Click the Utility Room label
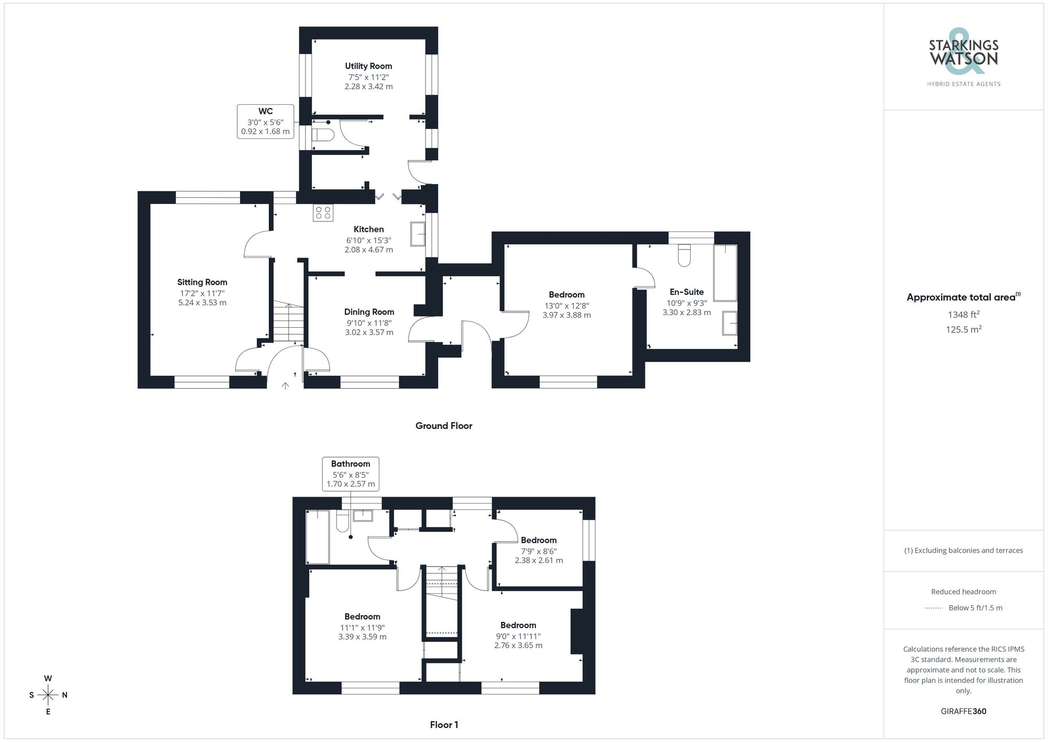click(x=368, y=66)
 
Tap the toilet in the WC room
click(x=323, y=135)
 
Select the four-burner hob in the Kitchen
click(x=323, y=212)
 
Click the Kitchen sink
click(x=418, y=234)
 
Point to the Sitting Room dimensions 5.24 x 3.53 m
click(x=202, y=303)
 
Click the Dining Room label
click(x=369, y=311)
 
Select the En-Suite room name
click(x=686, y=292)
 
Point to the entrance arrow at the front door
click(x=285, y=386)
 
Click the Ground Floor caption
click(x=444, y=426)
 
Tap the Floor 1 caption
click(x=444, y=725)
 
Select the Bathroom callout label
click(x=351, y=474)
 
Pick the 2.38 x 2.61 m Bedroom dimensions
click(x=539, y=560)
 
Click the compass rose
click(x=48, y=695)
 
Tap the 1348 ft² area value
click(x=963, y=315)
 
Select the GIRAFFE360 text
click(x=963, y=712)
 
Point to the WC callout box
click(x=265, y=121)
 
